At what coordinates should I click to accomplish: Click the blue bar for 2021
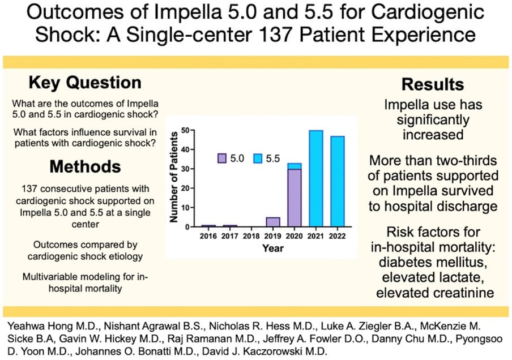coord(316,178)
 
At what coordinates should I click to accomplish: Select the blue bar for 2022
coord(337,181)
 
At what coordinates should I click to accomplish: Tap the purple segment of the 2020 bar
coord(295,198)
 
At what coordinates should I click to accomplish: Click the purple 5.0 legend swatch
coord(223,158)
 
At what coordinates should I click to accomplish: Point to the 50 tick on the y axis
coord(185,131)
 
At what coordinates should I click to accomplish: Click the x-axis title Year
coord(272,247)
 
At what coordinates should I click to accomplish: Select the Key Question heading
coord(85,83)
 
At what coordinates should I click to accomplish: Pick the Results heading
coord(433,84)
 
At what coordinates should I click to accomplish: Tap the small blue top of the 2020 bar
coord(295,166)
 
